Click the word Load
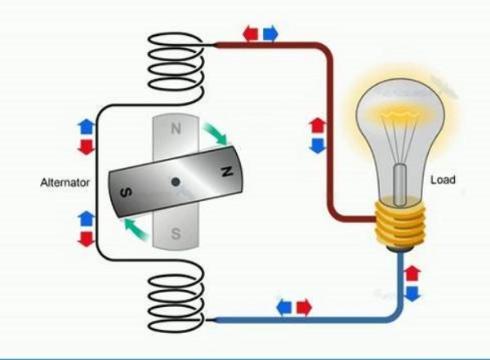(442, 180)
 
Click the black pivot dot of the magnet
(173, 181)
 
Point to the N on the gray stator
(176, 129)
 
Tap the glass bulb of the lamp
(402, 139)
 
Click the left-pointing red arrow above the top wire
(251, 33)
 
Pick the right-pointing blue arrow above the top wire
(269, 33)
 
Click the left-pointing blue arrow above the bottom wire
(285, 306)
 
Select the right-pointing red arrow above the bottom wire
(304, 306)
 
